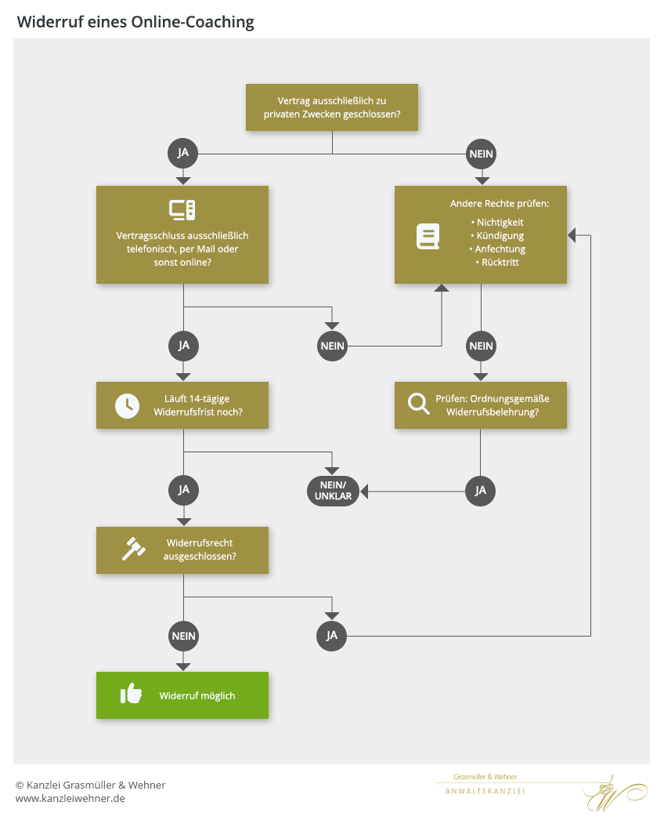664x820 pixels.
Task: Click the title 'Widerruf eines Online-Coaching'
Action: [135, 22]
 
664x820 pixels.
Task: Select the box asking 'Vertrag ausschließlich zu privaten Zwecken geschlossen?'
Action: [332, 108]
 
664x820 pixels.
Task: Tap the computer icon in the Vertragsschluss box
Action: [182, 210]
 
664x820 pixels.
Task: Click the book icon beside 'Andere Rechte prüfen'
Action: [428, 236]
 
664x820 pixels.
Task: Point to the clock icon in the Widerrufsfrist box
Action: [126, 405]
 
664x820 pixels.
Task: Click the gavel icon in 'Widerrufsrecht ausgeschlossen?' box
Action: [133, 550]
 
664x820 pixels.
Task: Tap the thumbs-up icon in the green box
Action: [132, 695]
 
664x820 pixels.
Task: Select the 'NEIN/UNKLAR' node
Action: [332, 491]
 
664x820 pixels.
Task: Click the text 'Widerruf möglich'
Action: [197, 695]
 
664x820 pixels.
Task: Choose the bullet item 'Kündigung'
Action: [500, 235]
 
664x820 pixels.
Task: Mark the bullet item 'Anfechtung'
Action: [500, 249]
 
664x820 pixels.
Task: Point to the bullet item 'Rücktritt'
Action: [500, 262]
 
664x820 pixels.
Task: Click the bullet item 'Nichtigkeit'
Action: [500, 222]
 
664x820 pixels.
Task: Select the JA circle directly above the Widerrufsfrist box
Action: [183, 345]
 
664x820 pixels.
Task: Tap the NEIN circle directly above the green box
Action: [183, 636]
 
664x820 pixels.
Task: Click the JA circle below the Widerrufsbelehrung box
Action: [481, 491]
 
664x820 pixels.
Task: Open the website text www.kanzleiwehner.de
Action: [70, 798]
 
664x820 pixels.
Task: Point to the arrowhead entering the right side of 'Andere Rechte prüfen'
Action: [573, 235]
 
